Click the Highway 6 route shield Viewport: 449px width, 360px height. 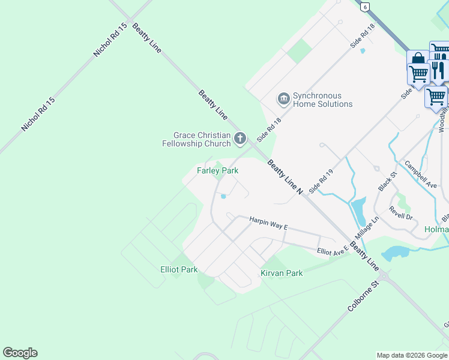(x=364, y=7)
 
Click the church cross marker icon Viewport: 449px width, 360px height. (x=240, y=139)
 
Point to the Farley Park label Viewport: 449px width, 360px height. (x=218, y=171)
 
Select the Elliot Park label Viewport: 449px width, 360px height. (x=179, y=269)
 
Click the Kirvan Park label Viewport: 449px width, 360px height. (x=282, y=273)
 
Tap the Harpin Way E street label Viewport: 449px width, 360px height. (x=269, y=223)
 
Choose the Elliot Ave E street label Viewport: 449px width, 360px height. (x=333, y=250)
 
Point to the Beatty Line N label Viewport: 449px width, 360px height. (x=285, y=176)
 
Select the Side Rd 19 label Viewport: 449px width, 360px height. (x=321, y=181)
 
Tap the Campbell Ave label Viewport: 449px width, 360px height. (x=420, y=174)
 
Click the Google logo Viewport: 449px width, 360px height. (x=20, y=353)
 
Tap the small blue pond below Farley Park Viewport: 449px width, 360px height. (x=223, y=196)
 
